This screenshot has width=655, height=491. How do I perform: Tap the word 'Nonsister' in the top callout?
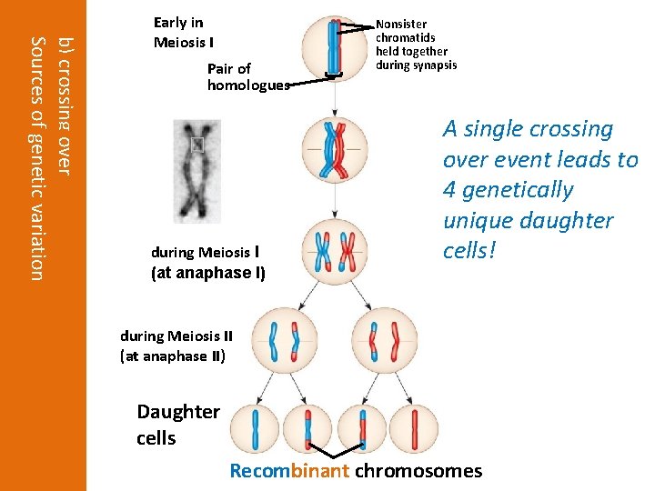click(x=401, y=24)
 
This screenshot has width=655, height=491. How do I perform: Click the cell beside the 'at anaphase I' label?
click(x=336, y=247)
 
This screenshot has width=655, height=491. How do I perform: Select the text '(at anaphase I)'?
click(x=208, y=271)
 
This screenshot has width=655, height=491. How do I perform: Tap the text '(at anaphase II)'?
click(x=173, y=356)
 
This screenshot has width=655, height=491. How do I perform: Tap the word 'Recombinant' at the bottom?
click(x=289, y=471)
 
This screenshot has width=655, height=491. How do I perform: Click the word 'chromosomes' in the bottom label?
click(x=418, y=471)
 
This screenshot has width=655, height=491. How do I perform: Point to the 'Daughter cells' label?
click(x=178, y=424)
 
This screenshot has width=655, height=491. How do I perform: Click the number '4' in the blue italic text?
click(x=448, y=190)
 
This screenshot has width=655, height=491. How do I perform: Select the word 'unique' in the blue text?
click(x=473, y=221)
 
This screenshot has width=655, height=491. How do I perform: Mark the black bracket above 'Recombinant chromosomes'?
click(x=336, y=452)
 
